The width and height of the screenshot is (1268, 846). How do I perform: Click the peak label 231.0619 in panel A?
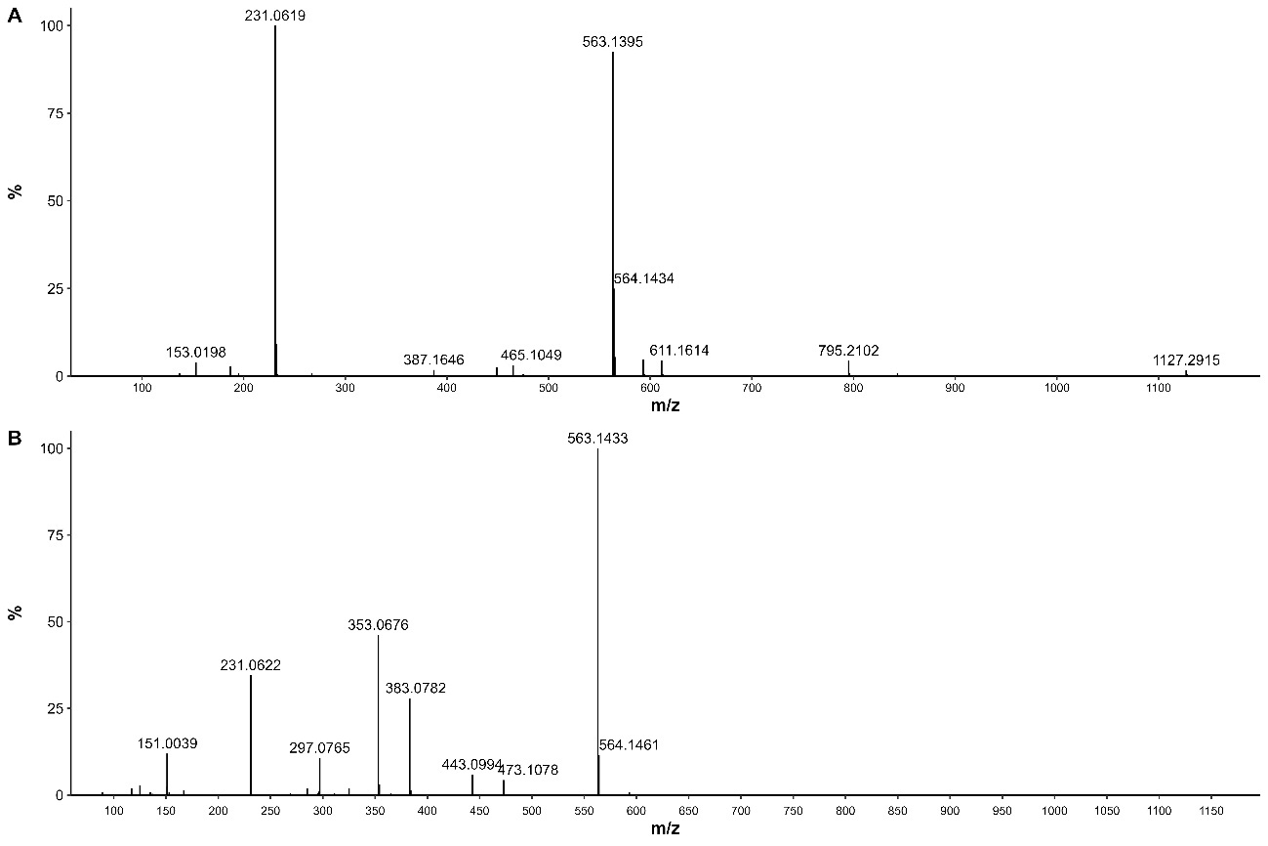tap(275, 15)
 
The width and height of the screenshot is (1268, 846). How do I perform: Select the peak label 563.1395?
tap(613, 42)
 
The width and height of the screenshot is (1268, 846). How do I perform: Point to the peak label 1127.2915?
tap(1186, 360)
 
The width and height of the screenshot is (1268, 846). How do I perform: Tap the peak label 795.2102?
tap(848, 351)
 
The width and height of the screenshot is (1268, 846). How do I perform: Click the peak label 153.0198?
tap(196, 352)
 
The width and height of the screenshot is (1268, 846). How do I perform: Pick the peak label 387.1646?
tap(433, 360)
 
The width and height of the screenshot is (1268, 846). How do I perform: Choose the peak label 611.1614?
tap(679, 350)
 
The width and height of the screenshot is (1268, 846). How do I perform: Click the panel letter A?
tap(14, 16)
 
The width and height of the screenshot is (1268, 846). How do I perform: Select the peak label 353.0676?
tap(379, 625)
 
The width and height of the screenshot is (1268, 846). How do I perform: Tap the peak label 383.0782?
tap(416, 689)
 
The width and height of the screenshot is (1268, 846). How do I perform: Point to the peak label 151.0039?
tap(167, 743)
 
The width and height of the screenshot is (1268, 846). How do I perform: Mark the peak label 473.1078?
tap(528, 770)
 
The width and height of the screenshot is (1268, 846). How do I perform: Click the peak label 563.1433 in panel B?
tap(597, 439)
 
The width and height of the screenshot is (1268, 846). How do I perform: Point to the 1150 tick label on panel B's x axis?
tap(1210, 811)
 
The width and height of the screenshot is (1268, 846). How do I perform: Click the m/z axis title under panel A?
tap(665, 404)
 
